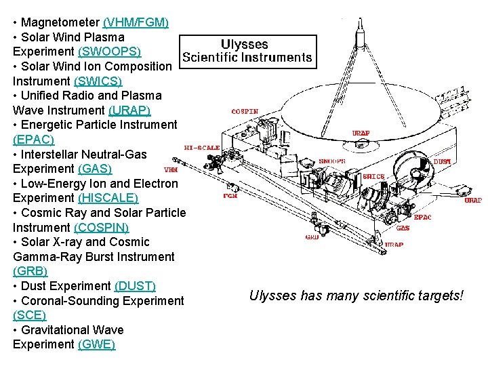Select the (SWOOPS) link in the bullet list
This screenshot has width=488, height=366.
[x=110, y=52]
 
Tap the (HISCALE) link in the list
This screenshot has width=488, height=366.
[x=108, y=198]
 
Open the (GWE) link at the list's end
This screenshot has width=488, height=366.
[x=96, y=344]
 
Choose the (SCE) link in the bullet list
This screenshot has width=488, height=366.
[x=29, y=315]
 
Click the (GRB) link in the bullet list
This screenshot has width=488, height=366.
[x=30, y=271]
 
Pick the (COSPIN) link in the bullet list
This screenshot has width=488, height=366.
[x=101, y=228]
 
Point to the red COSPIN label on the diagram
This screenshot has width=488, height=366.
[x=245, y=111]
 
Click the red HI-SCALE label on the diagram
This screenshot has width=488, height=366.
[x=202, y=147]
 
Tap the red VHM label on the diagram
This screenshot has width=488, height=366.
[x=171, y=169]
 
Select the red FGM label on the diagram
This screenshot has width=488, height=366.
[x=230, y=196]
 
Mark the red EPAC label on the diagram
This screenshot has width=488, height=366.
[x=422, y=218]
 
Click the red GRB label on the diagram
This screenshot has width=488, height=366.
[x=312, y=237]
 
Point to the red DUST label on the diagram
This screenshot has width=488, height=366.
[x=442, y=162]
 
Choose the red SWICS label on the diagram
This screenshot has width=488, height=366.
[x=373, y=176]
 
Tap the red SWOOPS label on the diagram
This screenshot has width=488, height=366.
[x=332, y=161]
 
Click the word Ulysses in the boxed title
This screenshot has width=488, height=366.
[x=245, y=45]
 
